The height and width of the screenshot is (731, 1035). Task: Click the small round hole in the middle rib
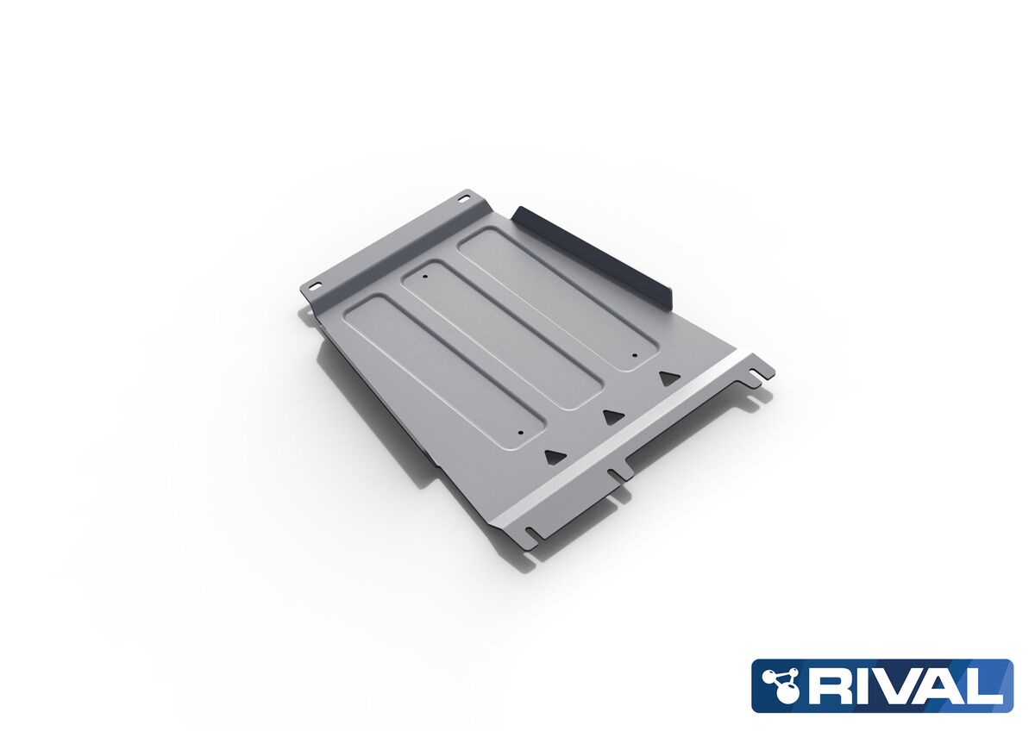coord(424,278)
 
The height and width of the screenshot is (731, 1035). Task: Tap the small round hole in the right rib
coord(635,355)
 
